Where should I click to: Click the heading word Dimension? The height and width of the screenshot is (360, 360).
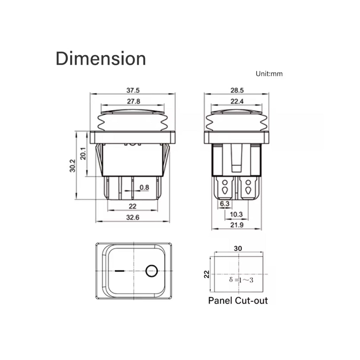coord(101,59)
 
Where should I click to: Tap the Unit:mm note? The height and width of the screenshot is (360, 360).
coord(269,74)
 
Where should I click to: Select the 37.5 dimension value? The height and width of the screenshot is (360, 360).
coord(133,90)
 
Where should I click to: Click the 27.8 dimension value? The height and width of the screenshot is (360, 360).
coord(133,101)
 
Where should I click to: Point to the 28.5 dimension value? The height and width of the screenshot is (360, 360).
coord(237,90)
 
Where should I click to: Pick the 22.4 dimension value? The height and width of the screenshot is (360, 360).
coord(237,101)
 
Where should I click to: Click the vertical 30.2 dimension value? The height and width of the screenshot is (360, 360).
coord(72,166)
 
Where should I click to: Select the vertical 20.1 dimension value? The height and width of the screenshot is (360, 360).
coord(83,154)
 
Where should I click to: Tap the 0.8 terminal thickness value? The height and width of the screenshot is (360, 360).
coord(144,188)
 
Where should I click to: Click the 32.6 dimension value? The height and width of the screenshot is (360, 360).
coord(133,218)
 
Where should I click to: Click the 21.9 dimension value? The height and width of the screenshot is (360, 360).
coord(237,225)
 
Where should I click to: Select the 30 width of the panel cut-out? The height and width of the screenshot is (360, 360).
coord(238,248)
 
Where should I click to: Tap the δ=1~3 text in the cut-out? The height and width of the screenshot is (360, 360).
coord(241,280)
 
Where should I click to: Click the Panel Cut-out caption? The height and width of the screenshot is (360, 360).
coord(238,301)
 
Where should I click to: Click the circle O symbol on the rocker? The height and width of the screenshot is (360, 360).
coord(152,271)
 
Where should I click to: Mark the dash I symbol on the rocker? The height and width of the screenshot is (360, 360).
coord(119,271)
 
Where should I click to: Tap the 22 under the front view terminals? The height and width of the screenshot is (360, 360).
coord(133,206)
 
